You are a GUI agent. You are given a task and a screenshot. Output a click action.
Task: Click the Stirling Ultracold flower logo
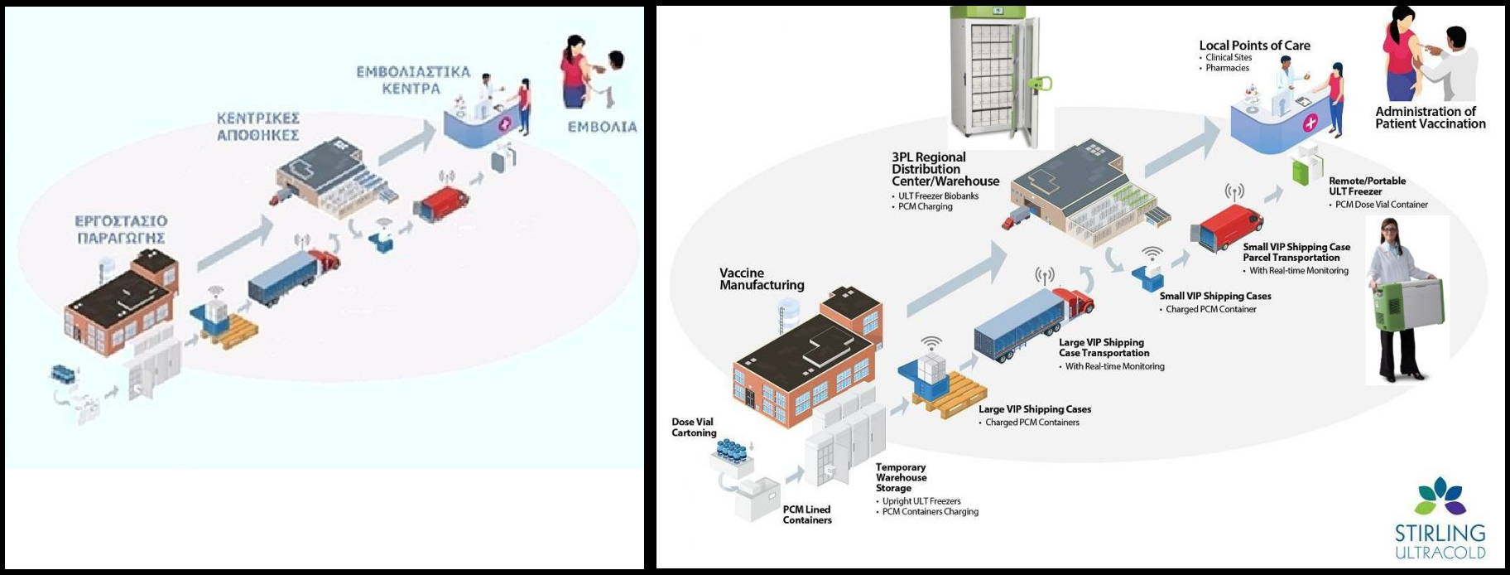click(x=1440, y=496)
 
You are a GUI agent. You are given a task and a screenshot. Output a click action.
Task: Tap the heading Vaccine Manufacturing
click(x=762, y=279)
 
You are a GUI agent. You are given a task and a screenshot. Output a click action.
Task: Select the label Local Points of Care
click(x=1254, y=46)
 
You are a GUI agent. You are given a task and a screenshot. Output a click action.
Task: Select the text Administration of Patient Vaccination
click(x=1430, y=118)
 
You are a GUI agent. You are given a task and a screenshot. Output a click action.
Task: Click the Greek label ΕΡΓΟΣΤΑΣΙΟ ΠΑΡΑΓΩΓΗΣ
click(x=121, y=230)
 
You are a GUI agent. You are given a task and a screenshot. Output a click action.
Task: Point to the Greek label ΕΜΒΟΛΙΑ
click(x=602, y=127)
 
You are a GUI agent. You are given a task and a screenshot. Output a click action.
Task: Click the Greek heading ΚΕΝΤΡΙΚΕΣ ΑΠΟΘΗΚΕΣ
click(x=257, y=127)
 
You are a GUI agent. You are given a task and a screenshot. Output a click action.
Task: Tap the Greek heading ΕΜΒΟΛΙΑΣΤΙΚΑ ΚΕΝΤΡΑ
click(x=412, y=80)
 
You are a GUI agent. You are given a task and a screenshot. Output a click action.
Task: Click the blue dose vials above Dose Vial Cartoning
click(x=731, y=452)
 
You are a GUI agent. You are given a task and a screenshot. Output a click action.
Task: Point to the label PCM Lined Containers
click(x=806, y=515)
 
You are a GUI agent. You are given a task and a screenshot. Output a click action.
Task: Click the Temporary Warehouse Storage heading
click(x=901, y=477)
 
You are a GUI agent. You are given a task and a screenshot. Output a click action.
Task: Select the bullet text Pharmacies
click(x=1227, y=68)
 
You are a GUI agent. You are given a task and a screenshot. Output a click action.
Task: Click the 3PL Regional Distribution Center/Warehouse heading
click(x=945, y=169)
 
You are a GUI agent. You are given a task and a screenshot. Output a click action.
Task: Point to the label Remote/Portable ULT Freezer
click(x=1367, y=186)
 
